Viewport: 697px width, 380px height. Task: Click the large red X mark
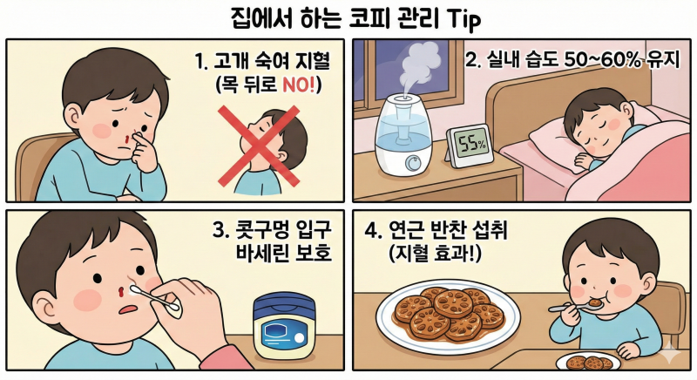[x=259, y=146]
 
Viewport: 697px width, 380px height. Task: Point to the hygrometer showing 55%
[x=470, y=146]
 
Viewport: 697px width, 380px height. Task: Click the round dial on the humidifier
[x=413, y=162]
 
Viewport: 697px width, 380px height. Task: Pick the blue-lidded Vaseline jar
[x=285, y=326]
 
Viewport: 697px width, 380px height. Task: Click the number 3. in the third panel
[x=220, y=231]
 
